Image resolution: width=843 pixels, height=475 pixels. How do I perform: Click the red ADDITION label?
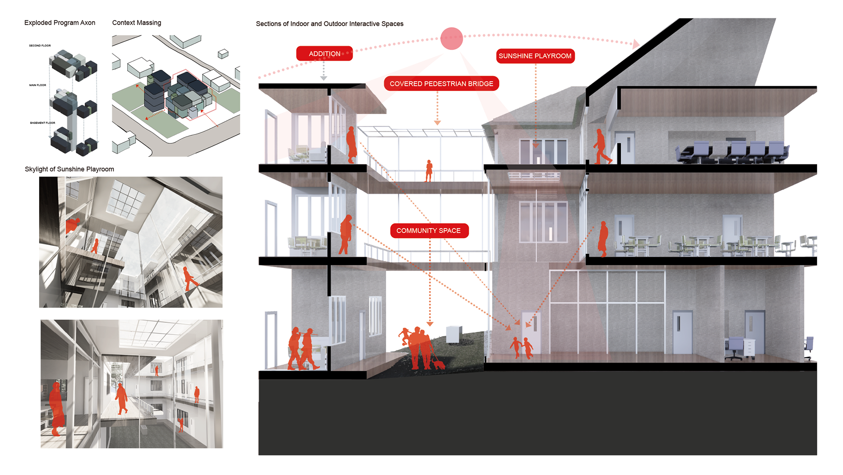(324, 54)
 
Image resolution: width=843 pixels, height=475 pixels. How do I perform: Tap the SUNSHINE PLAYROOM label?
(535, 56)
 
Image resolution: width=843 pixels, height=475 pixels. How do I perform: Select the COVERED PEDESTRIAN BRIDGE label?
(441, 83)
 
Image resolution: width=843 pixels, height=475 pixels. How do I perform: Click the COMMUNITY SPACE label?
(429, 231)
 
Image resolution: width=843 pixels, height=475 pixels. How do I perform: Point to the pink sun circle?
(451, 39)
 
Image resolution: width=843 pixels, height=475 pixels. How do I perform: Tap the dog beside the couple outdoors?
(438, 363)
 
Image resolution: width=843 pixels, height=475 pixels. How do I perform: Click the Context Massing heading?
(137, 22)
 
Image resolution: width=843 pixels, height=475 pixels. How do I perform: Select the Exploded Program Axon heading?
(60, 22)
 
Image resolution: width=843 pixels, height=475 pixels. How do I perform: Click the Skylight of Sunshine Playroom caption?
(69, 169)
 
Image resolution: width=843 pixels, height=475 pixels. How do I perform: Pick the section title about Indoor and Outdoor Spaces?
(329, 24)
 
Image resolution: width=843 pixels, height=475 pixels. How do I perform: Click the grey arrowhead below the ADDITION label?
(324, 78)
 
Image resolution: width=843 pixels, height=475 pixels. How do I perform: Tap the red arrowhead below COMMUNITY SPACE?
(430, 324)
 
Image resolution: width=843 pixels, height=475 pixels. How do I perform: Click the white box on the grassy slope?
(454, 334)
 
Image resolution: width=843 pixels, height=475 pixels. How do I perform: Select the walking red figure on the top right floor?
(601, 147)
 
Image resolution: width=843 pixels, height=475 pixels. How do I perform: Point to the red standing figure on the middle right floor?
(603, 239)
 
